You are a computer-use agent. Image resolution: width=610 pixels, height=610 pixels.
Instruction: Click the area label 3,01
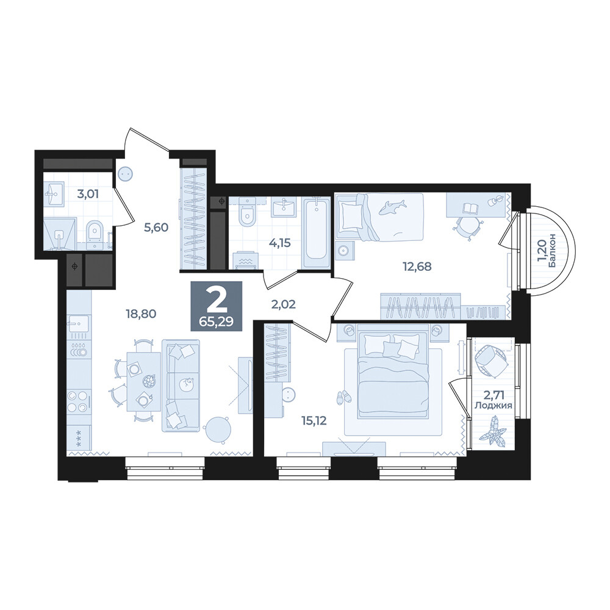(x=88, y=194)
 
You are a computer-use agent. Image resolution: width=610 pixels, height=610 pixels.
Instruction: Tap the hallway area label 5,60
(x=156, y=227)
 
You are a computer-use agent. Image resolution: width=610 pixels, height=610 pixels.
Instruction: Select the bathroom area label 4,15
(x=280, y=243)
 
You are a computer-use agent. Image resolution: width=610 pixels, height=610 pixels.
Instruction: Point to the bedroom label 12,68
(x=417, y=267)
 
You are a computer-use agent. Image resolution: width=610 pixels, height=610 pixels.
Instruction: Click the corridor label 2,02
(x=283, y=304)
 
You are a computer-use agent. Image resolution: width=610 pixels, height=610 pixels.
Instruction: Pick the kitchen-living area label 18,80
(x=141, y=313)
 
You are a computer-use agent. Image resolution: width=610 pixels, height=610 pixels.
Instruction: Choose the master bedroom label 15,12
(x=313, y=420)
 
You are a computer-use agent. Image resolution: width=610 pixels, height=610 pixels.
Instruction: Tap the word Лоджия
(x=493, y=406)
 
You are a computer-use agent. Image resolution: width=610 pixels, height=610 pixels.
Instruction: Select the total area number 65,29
(x=217, y=322)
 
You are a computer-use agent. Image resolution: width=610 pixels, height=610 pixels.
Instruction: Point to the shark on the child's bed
(x=392, y=207)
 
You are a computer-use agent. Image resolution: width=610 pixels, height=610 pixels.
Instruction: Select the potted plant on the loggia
(x=492, y=430)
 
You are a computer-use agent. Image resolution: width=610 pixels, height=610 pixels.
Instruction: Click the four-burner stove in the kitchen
(x=77, y=402)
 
